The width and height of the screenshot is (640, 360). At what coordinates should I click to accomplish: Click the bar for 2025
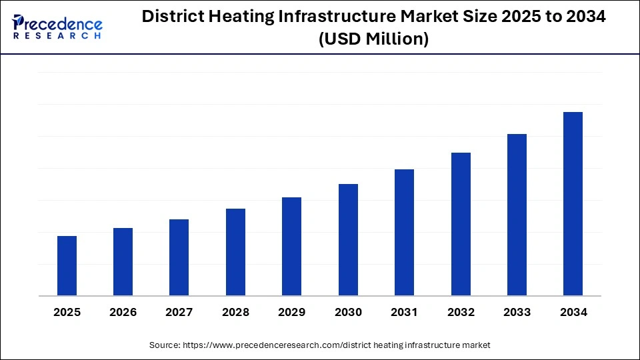click(x=67, y=266)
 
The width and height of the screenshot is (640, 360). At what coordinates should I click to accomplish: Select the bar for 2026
click(x=123, y=262)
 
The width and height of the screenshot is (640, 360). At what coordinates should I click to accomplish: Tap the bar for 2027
click(x=179, y=257)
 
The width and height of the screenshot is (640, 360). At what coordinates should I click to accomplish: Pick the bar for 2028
click(x=235, y=252)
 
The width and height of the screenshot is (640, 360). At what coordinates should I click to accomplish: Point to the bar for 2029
click(x=292, y=247)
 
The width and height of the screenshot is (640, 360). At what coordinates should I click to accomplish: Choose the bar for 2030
click(x=348, y=240)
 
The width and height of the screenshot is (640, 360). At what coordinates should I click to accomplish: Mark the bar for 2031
click(x=404, y=233)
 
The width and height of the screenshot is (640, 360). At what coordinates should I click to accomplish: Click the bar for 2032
click(x=461, y=224)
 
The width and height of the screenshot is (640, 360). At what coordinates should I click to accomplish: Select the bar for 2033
click(x=517, y=215)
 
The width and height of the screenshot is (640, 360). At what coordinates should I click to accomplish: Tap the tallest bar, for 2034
click(x=573, y=204)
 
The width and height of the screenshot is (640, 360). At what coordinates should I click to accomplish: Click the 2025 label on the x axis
click(x=67, y=313)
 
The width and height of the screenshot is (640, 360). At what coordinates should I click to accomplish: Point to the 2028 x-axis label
click(x=235, y=313)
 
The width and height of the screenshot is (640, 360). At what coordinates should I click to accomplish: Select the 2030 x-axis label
click(x=348, y=313)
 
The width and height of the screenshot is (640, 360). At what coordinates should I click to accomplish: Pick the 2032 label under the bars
click(x=461, y=313)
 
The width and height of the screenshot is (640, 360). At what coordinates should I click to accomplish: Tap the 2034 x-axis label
click(x=573, y=313)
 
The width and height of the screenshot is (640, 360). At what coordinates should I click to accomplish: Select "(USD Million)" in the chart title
click(x=373, y=39)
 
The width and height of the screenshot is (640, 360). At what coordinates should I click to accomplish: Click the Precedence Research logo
click(x=57, y=27)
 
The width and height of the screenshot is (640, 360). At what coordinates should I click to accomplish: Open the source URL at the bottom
click(x=337, y=345)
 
